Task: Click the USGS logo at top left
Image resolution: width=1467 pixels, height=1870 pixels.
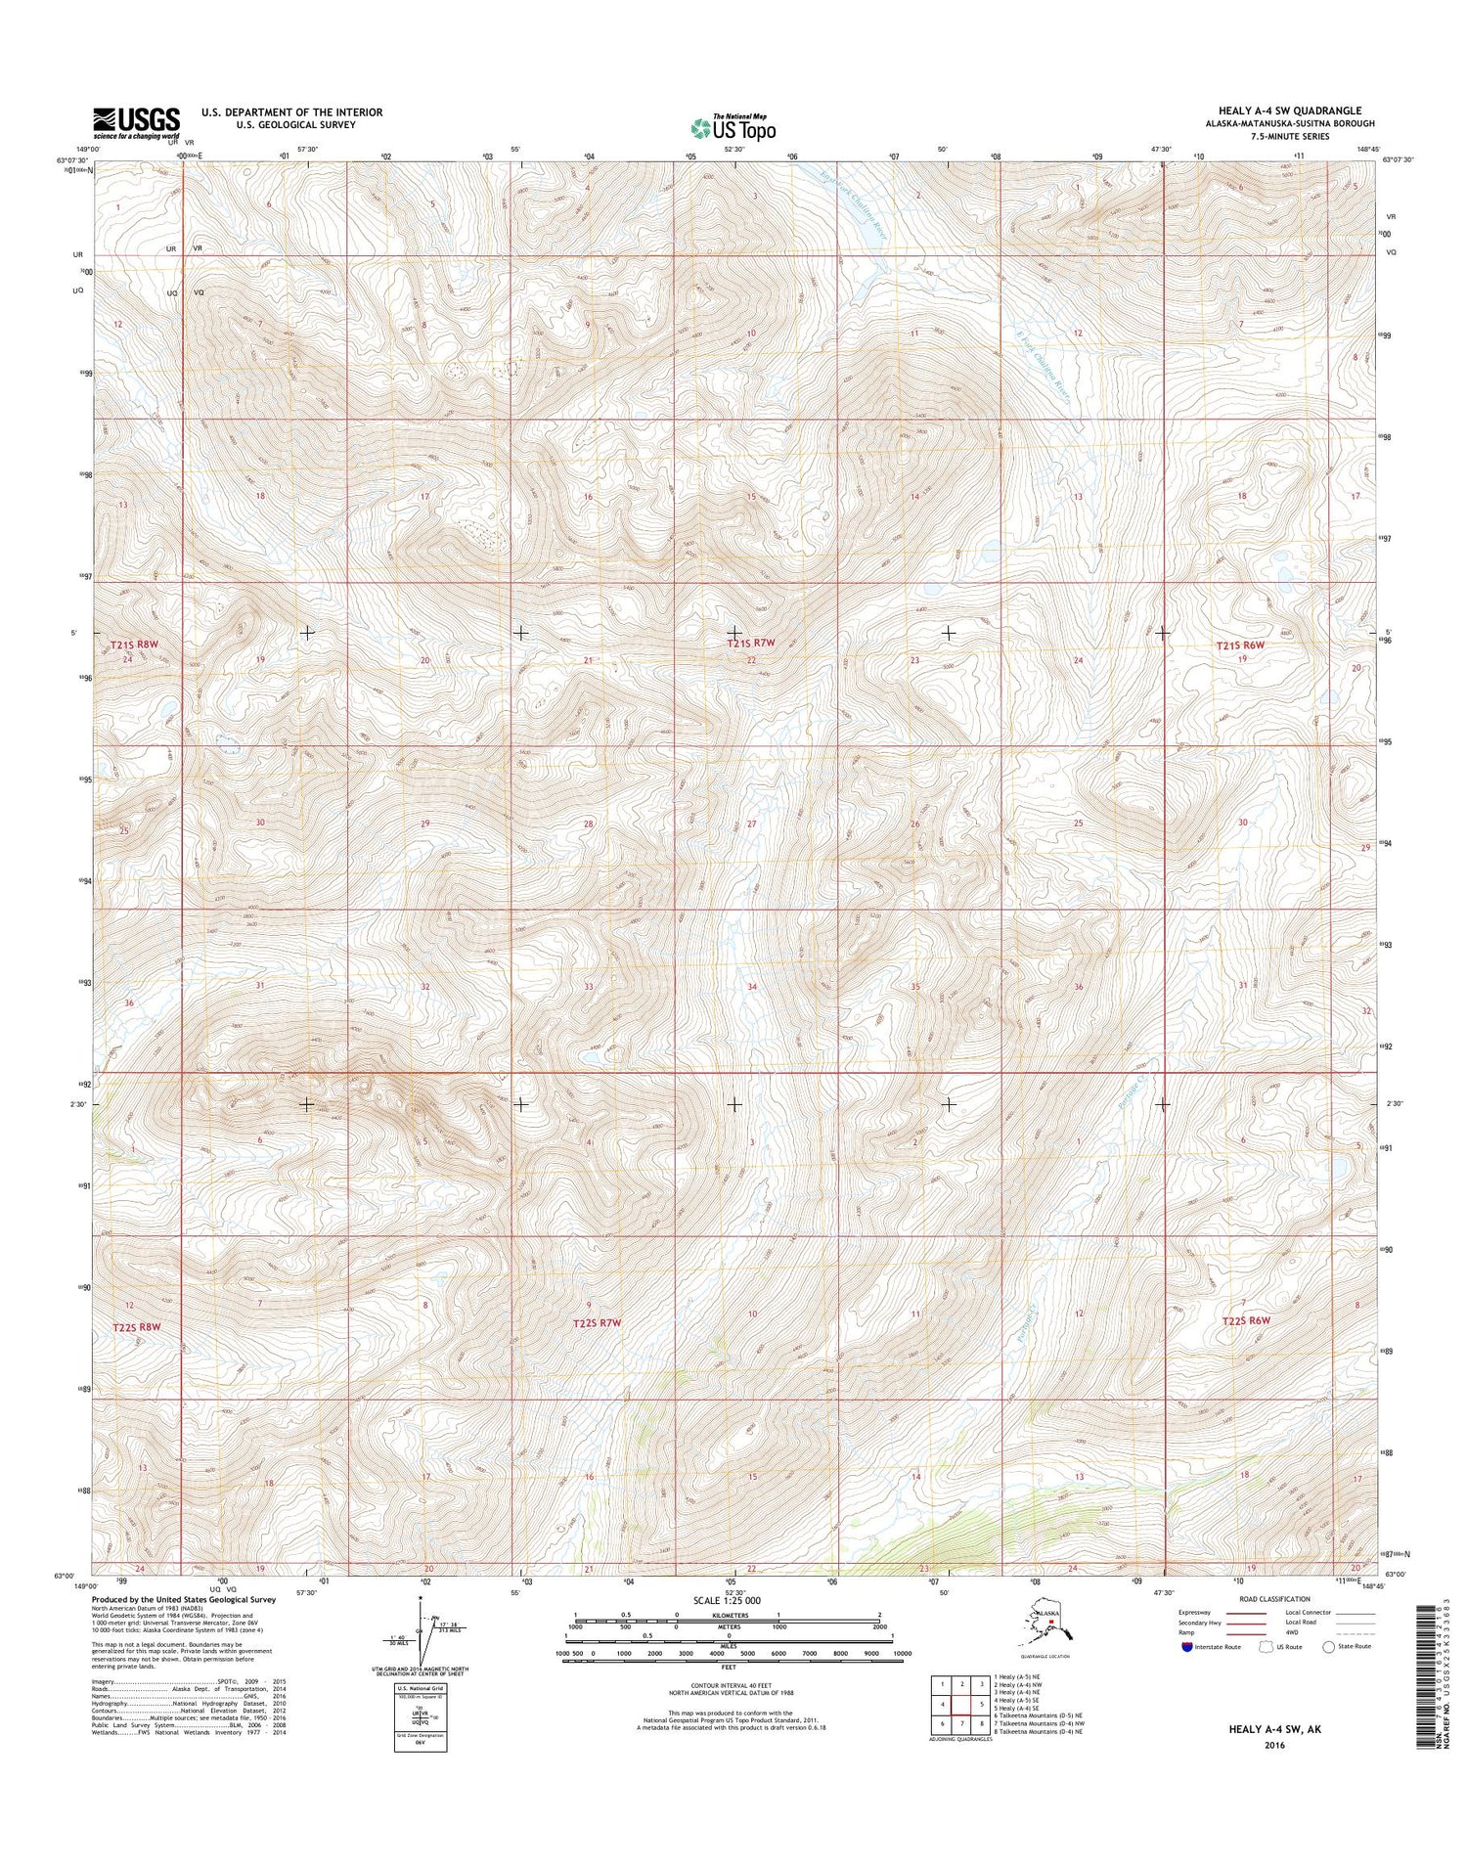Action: pos(136,121)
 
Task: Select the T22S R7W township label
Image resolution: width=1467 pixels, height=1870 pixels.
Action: pos(597,1322)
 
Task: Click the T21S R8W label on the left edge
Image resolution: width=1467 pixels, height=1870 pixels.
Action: pos(134,645)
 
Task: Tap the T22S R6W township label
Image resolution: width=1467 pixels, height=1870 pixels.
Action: pos(1245,1320)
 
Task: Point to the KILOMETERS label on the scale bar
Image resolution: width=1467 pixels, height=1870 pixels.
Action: pos(729,1614)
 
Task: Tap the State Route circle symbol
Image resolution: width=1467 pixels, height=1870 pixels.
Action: pos(1328,1646)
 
